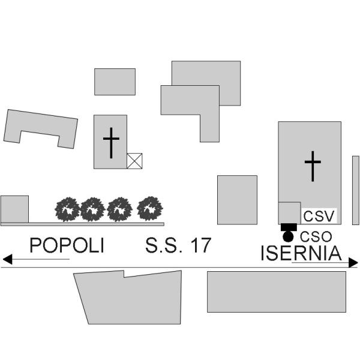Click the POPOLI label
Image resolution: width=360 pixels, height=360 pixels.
click(x=67, y=245)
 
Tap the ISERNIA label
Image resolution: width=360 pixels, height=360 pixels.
click(x=301, y=253)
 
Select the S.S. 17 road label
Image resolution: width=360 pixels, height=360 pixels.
click(x=178, y=245)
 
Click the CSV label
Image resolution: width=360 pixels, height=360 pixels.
click(x=319, y=216)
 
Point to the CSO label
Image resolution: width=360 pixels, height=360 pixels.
click(x=316, y=237)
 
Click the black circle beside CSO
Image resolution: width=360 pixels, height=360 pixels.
click(x=288, y=237)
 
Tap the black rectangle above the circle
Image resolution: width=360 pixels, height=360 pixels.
click(x=289, y=227)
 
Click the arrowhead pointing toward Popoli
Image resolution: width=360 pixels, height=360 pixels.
click(x=7, y=259)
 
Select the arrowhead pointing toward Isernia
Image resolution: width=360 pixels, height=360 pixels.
click(x=353, y=262)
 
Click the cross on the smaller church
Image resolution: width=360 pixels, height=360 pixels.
click(x=111, y=143)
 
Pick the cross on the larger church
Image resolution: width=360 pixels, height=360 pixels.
click(x=313, y=166)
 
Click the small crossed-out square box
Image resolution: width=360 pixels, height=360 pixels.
click(x=134, y=161)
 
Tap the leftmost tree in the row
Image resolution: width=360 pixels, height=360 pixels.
click(x=67, y=209)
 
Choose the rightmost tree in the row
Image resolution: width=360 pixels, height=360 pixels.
click(x=150, y=208)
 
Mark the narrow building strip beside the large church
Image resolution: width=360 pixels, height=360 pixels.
click(x=356, y=190)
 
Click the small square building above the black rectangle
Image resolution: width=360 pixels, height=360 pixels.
click(x=290, y=213)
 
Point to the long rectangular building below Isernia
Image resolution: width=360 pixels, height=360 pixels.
click(x=277, y=292)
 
